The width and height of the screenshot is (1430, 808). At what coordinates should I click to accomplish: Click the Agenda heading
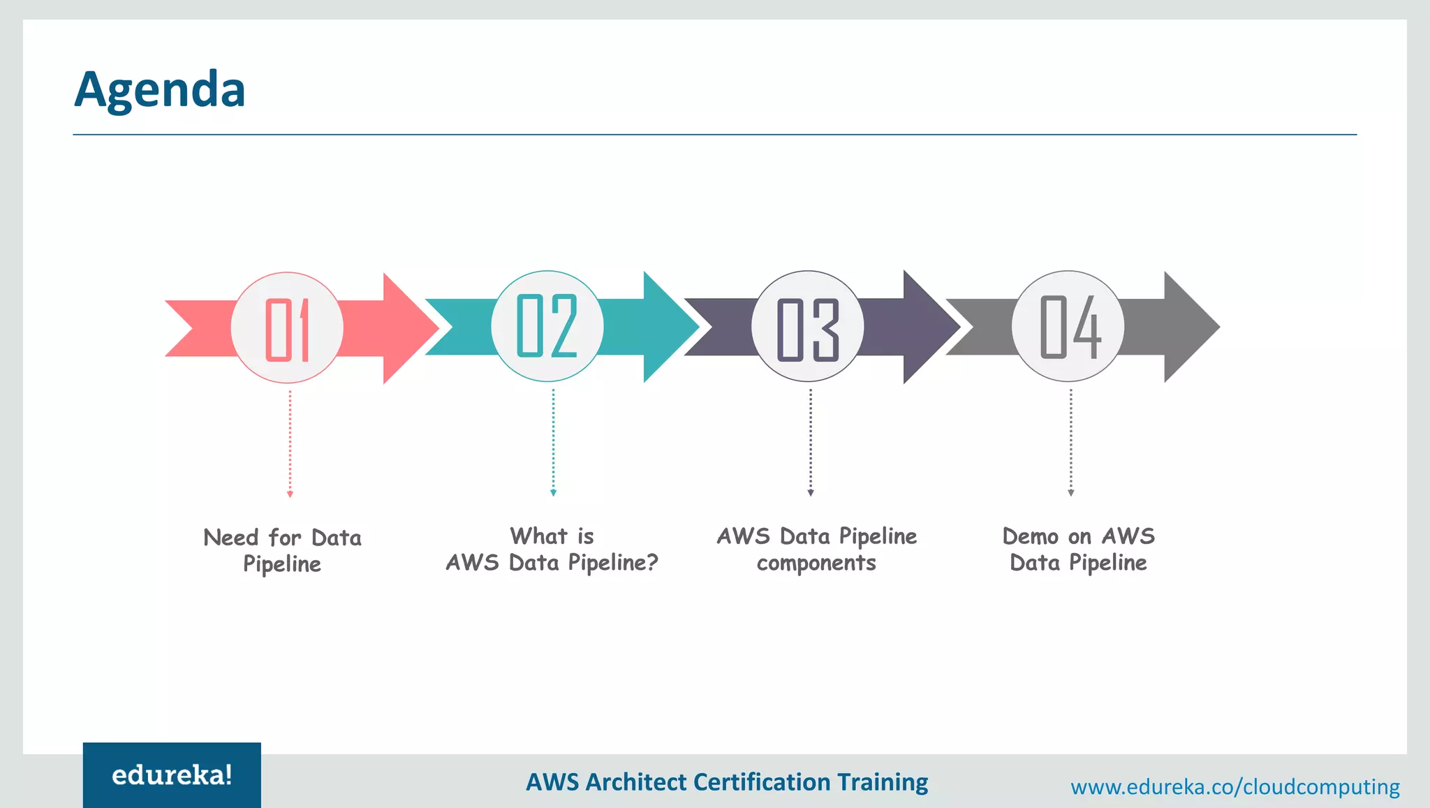[x=160, y=89]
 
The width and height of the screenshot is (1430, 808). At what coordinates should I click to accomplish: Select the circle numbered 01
[x=287, y=328]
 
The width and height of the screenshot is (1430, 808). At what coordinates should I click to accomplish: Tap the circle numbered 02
[x=547, y=326]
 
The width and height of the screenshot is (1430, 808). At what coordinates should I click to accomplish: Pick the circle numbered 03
[x=808, y=327]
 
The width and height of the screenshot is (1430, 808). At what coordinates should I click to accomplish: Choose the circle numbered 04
[x=1068, y=326]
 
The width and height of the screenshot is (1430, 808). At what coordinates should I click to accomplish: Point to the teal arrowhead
[x=670, y=326]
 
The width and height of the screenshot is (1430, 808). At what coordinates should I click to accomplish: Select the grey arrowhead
[x=1191, y=326]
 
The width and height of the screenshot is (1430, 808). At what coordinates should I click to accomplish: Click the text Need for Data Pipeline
[x=282, y=550]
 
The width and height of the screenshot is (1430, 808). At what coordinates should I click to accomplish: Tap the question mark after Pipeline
[x=651, y=562]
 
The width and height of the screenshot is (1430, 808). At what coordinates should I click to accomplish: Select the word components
[x=816, y=563]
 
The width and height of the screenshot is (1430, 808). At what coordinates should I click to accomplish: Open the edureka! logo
[x=172, y=775]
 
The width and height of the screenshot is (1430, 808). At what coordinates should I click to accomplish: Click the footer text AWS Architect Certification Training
[x=727, y=782]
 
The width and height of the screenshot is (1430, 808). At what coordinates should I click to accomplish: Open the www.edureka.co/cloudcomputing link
[x=1234, y=787]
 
